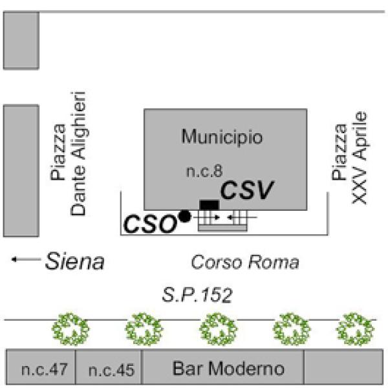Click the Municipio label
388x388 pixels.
click(222, 137)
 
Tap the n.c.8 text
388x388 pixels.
click(205, 171)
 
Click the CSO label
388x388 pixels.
click(150, 224)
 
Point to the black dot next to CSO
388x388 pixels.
click(185, 217)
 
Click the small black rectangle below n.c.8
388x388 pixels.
click(209, 204)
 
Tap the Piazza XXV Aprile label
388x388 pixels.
click(350, 157)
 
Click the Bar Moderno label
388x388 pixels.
click(228, 369)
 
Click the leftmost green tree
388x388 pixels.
click(70, 329)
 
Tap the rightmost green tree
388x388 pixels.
click(354, 329)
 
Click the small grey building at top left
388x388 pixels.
click(21, 41)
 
